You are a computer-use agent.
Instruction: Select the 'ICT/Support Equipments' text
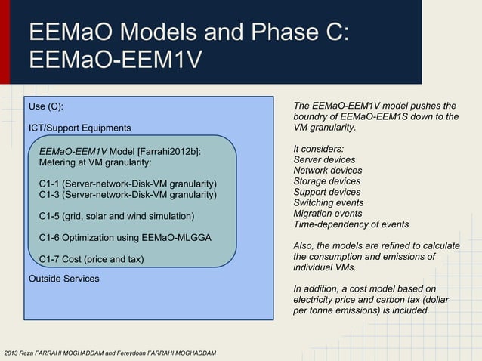pos(79,128)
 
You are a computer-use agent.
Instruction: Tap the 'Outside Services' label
pos(63,279)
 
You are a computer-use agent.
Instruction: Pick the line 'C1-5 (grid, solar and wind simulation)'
pos(116,217)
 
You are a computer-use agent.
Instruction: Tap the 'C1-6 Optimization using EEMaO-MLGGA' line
pos(125,238)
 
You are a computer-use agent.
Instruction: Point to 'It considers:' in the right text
pos(318,149)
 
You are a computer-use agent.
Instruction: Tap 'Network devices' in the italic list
pos(327,171)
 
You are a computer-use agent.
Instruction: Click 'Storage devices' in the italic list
pos(326,181)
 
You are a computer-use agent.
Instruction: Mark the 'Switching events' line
pos(327,202)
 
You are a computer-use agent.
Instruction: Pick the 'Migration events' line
pos(327,214)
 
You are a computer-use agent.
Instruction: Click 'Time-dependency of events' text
pos(351,224)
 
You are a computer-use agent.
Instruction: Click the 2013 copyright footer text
pos(110,353)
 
